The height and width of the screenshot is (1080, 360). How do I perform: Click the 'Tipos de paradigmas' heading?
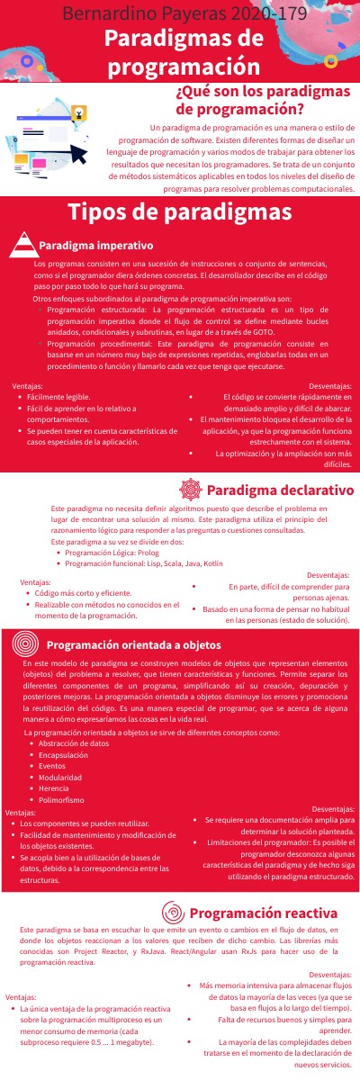[x=179, y=213]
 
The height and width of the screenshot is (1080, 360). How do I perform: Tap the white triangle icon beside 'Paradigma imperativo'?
[x=24, y=245]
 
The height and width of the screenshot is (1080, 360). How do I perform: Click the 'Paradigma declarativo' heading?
[x=279, y=490]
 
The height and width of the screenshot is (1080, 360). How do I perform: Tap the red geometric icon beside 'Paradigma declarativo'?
[x=190, y=490]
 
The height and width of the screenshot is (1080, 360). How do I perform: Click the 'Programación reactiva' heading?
[x=263, y=911]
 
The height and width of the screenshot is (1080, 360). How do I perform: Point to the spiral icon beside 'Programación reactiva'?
[x=175, y=910]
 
